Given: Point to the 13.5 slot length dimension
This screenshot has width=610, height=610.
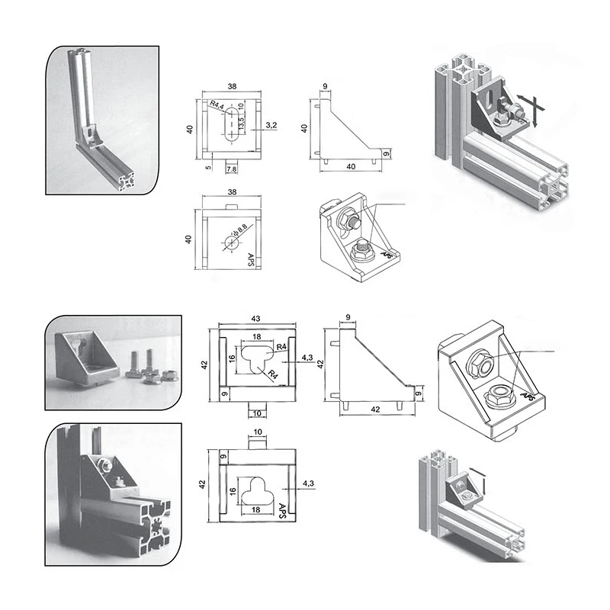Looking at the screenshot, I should (241, 124).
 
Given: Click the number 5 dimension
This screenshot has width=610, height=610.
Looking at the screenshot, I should (208, 164).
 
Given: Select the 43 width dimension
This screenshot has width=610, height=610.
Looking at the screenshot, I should (251, 318).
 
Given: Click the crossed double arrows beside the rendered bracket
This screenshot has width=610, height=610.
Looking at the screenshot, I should (531, 108).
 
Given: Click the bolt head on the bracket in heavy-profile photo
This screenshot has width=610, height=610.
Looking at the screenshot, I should (104, 464).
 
